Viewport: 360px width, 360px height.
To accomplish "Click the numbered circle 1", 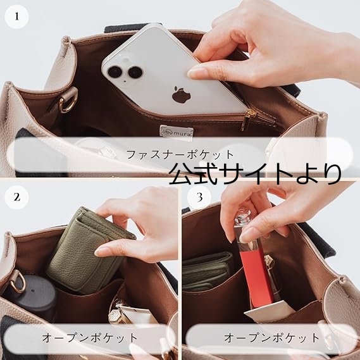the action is (x=16, y=16).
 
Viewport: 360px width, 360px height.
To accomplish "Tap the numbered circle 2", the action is (x=16, y=197).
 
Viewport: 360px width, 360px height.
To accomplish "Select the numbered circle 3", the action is (x=199, y=197).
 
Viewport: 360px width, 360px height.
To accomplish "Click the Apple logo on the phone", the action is (x=182, y=94).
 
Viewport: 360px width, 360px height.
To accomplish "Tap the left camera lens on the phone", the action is (x=115, y=72).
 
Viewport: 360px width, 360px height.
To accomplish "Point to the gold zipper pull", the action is (x=246, y=120).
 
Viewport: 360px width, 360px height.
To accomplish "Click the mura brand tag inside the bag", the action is (x=177, y=131).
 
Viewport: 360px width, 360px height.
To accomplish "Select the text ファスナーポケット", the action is (x=180, y=154).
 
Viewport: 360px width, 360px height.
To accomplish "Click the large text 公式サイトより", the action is (x=255, y=173).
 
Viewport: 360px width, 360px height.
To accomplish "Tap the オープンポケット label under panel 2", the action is (x=90, y=338).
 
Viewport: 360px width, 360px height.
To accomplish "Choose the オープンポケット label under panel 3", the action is (x=271, y=338).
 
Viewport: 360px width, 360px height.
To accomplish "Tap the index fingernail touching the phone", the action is (x=194, y=73).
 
